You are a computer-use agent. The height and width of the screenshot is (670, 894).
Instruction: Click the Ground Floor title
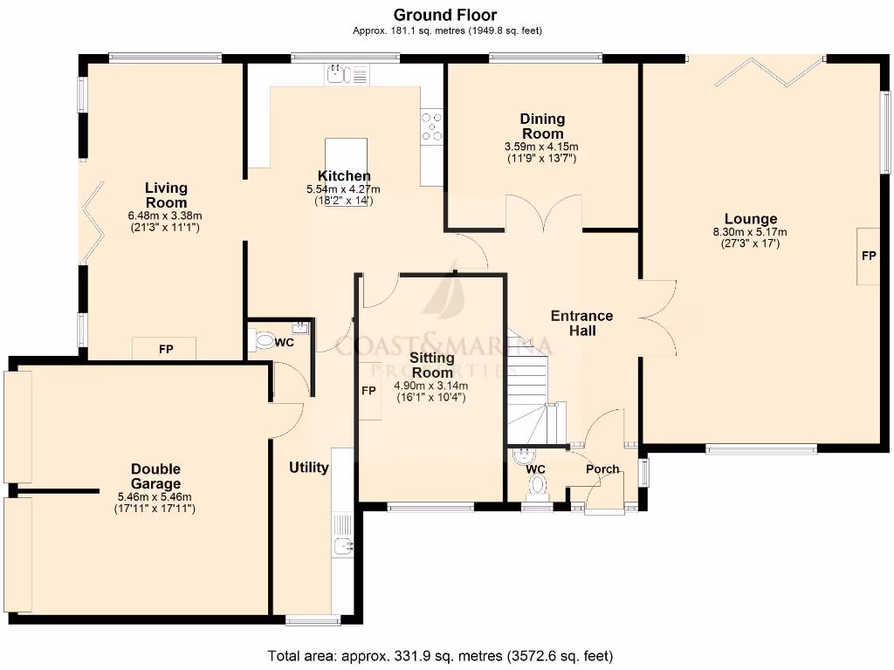point(445,15)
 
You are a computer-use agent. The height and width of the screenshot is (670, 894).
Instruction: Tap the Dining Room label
point(542,126)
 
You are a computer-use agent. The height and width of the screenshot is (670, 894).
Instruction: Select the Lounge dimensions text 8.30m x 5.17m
point(750,232)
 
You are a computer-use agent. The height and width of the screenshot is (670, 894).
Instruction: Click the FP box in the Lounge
point(868,256)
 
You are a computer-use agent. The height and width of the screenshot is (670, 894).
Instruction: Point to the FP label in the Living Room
point(165,350)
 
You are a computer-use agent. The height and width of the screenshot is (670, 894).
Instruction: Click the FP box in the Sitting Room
point(369,391)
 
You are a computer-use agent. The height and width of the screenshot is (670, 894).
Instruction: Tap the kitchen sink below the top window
point(339,75)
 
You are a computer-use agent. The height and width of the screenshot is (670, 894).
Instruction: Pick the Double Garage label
point(156,476)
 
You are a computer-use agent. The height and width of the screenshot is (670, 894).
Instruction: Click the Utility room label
point(309,468)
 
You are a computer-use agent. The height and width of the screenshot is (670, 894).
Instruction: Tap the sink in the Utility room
point(343,546)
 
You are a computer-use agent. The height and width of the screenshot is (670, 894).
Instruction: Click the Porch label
point(602,469)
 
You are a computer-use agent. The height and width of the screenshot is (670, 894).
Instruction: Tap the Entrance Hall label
point(581,323)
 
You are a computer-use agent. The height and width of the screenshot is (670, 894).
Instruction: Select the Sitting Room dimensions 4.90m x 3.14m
point(431,386)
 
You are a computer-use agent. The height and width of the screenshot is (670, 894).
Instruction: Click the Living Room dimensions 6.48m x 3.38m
point(165,216)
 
